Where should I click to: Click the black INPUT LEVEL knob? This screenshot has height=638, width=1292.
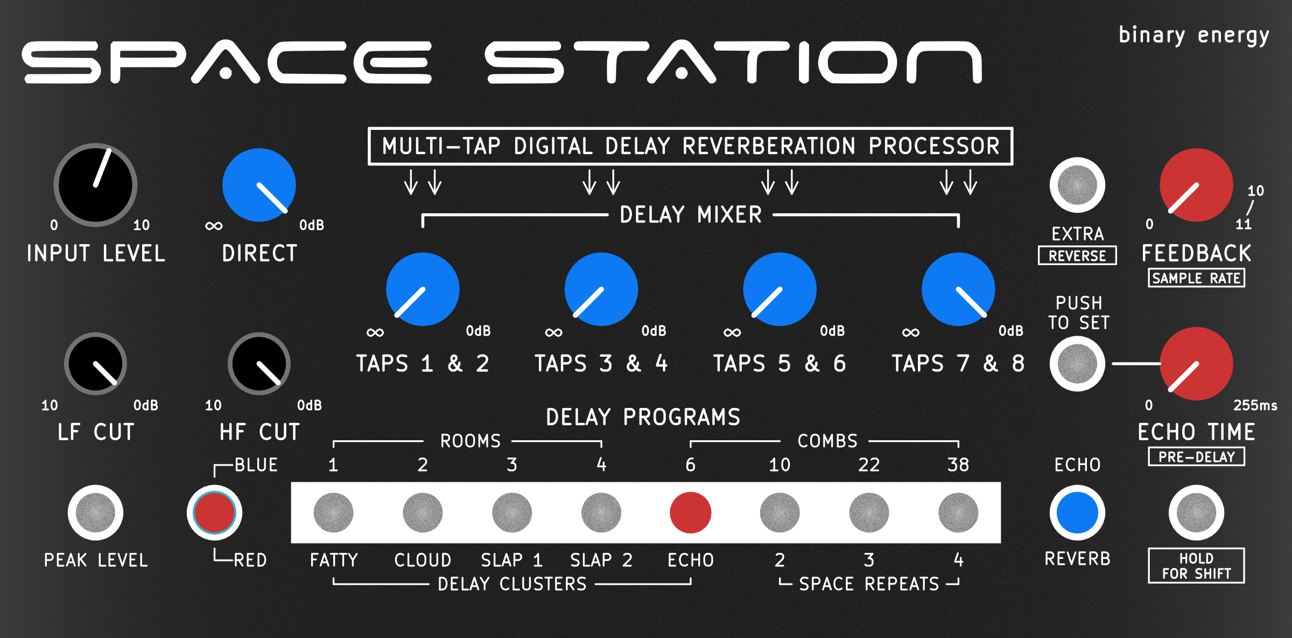[x=95, y=185]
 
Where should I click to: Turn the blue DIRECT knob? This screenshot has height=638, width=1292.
[x=259, y=185]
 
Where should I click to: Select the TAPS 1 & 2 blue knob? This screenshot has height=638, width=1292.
[x=423, y=289]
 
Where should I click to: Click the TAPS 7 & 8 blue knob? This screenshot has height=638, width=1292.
[x=958, y=289]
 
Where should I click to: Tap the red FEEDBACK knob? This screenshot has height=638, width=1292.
[x=1196, y=185]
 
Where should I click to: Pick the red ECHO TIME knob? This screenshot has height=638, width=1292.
[x=1196, y=364]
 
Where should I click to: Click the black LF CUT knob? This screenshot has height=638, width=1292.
[x=95, y=364]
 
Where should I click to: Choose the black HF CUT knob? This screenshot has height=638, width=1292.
[x=259, y=364]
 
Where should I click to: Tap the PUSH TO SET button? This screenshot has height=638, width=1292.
[x=1077, y=364]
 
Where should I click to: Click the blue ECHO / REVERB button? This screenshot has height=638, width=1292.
[x=1077, y=512]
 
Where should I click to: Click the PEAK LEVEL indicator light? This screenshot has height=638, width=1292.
[x=95, y=512]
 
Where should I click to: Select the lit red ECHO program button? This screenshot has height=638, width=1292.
[x=691, y=512]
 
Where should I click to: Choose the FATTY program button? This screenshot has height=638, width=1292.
[x=333, y=512]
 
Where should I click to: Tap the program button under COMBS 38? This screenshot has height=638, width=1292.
[x=958, y=512]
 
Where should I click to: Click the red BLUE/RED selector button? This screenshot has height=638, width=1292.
[x=214, y=512]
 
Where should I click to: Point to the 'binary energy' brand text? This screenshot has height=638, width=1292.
[x=1194, y=36]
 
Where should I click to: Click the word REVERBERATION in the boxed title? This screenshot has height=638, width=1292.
[x=769, y=146]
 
